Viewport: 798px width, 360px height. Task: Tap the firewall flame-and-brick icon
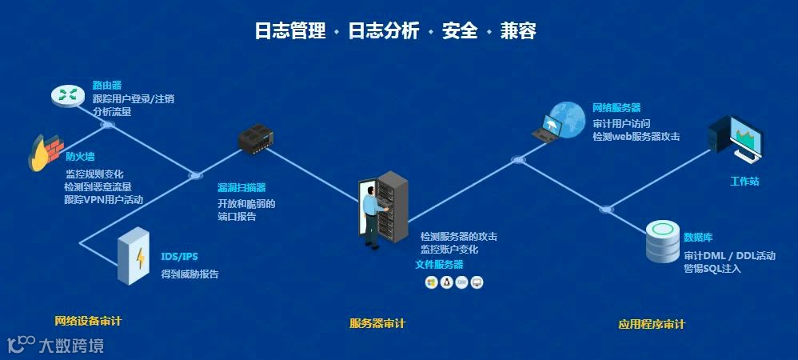tap(46, 152)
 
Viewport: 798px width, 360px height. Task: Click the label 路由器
tap(106, 84)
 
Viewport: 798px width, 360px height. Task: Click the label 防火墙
tap(80, 157)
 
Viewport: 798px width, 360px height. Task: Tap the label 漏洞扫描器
tap(241, 187)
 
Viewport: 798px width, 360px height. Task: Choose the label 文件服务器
tap(439, 264)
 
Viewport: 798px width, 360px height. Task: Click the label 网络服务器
tap(616, 107)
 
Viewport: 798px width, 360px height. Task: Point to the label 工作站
tap(744, 182)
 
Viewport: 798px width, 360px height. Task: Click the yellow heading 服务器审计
tap(377, 323)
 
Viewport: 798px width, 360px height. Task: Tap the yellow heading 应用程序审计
tap(651, 325)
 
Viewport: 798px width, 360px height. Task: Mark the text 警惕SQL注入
tap(712, 269)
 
